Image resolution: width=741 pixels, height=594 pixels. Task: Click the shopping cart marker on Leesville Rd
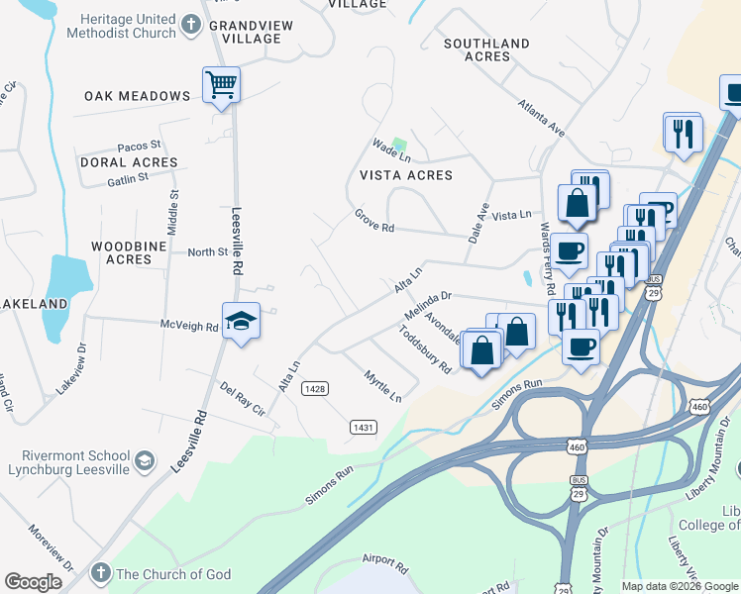point(221,84)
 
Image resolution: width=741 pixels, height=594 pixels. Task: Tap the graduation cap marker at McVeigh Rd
point(241,321)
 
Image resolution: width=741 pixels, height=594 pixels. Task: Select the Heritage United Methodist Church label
point(121,26)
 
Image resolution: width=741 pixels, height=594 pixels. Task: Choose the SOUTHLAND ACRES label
point(486,49)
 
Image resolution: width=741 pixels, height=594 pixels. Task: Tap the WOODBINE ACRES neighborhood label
point(122,252)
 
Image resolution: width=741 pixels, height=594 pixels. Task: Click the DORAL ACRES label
point(117,161)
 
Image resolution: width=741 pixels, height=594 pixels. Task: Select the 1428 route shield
point(315,389)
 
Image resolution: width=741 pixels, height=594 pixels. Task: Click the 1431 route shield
point(363,427)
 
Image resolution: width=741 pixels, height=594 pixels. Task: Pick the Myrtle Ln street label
point(382,386)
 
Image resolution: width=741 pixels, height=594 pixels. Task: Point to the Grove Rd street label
point(374,221)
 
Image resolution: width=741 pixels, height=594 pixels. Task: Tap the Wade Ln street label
point(390,150)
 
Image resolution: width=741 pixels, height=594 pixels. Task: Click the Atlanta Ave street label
point(541,117)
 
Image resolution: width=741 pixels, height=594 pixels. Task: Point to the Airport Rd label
point(385,563)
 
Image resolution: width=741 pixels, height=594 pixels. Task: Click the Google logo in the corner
point(34,582)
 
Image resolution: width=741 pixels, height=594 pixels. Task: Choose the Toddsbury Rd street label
point(425,349)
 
